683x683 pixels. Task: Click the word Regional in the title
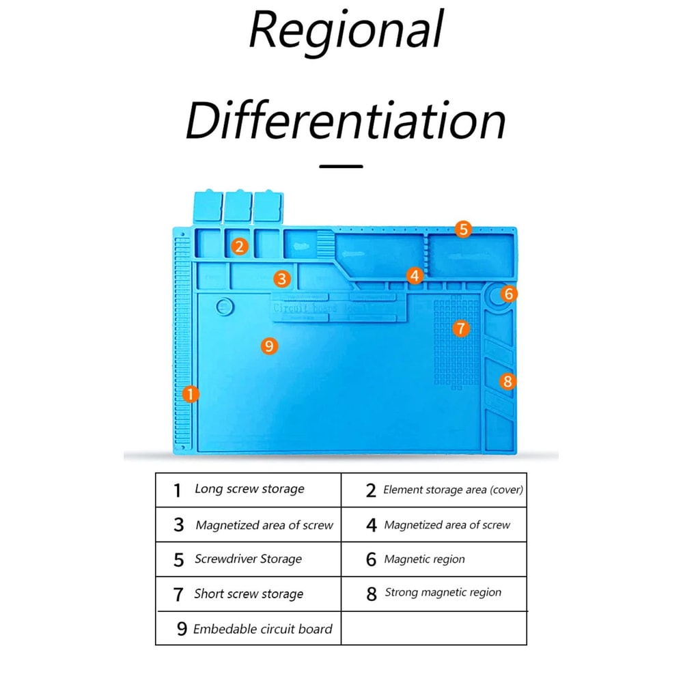346,31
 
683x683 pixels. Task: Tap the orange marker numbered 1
191,394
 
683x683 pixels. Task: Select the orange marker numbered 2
238,247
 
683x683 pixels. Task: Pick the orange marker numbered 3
282,279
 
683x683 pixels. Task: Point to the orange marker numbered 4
415,275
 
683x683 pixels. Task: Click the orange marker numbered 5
464,229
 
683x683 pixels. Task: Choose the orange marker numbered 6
507,294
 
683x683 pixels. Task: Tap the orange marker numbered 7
461,329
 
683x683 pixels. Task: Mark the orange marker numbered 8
507,381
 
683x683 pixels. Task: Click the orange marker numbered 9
269,346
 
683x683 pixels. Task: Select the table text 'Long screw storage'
249,489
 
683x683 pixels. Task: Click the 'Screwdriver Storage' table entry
248,559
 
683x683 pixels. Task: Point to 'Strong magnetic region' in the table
443,592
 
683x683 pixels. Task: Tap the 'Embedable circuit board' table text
263,629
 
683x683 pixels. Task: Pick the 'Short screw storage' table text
249,594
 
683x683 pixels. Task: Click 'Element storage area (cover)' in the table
454,490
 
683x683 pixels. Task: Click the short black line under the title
341,166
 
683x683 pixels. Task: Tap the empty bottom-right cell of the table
434,628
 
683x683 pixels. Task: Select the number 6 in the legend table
371,559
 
